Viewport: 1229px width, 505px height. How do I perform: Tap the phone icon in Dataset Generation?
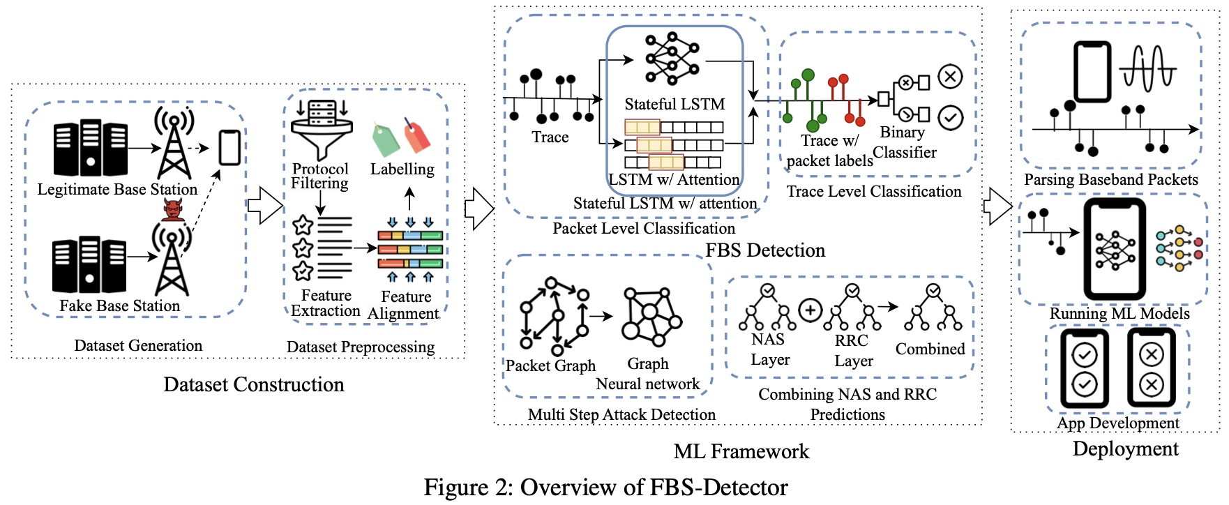(229, 147)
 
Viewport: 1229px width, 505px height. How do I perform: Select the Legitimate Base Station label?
(117, 189)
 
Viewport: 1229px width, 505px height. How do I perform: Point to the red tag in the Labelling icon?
(417, 135)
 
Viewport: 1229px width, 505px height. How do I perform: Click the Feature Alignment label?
(405, 306)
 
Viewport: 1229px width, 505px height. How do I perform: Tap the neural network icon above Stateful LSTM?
(671, 59)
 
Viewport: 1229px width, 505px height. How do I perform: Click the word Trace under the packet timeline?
(550, 137)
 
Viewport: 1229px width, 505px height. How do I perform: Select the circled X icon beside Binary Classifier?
(950, 76)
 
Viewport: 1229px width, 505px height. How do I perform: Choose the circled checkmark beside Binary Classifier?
(950, 118)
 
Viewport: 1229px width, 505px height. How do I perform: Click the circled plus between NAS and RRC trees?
(810, 310)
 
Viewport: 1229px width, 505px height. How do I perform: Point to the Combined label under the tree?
(930, 349)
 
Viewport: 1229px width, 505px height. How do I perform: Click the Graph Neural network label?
(648, 374)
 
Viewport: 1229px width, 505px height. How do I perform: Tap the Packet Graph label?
(550, 365)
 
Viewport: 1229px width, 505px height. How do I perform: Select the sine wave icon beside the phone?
(1148, 68)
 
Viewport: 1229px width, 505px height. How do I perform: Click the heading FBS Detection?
(765, 250)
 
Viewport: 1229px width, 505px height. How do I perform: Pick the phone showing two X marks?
(1151, 368)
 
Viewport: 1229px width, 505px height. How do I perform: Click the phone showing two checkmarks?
(1084, 368)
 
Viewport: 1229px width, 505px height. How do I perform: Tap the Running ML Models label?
(1119, 313)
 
